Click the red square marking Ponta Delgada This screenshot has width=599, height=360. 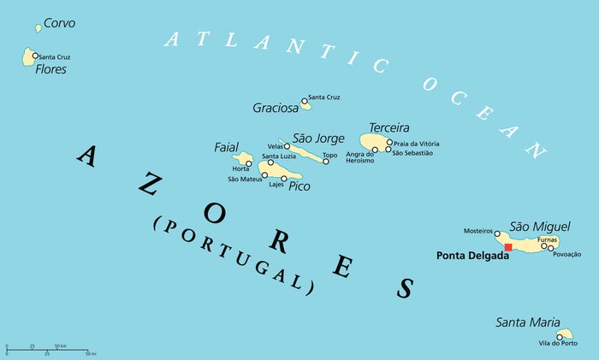click(x=508, y=247)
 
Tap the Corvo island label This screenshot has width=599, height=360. click(x=59, y=23)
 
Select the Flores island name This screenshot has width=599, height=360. click(x=50, y=69)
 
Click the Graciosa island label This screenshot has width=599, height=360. click(x=276, y=108)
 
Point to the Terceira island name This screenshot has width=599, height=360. click(x=388, y=127)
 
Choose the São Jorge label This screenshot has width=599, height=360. click(x=318, y=138)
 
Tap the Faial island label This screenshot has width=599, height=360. click(x=226, y=148)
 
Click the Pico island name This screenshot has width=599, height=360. click(x=299, y=186)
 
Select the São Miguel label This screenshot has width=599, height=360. click(x=533, y=226)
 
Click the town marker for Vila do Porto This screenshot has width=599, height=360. click(x=560, y=336)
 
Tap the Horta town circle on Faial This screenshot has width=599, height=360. click(x=249, y=163)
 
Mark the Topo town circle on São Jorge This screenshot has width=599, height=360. click(x=326, y=161)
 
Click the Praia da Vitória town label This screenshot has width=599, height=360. click(x=417, y=144)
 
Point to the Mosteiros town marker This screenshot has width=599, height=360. click(x=497, y=233)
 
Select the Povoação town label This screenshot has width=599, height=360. click(x=566, y=254)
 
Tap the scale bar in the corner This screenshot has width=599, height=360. click(x=48, y=351)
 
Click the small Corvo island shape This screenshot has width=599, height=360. click(x=39, y=28)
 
